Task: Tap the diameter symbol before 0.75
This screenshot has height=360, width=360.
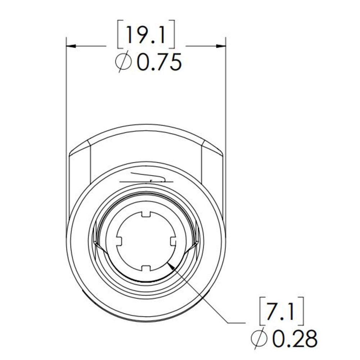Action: pyautogui.click(x=123, y=63)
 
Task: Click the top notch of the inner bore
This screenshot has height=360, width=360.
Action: pyautogui.click(x=146, y=215)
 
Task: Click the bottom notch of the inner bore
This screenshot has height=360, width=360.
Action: pyautogui.click(x=146, y=268)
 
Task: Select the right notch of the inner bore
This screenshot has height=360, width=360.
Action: pyautogui.click(x=172, y=241)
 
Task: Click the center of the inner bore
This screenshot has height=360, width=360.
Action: pyautogui.click(x=146, y=241)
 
